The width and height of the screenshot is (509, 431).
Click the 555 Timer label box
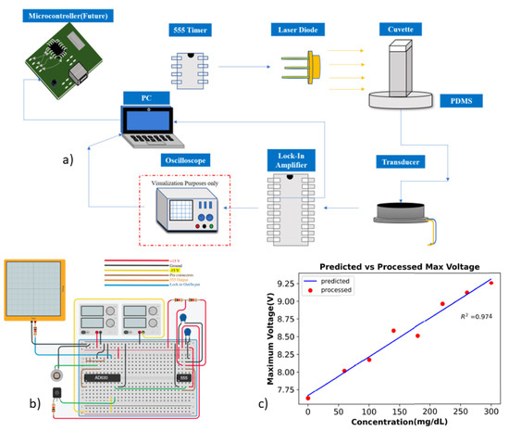(188, 32)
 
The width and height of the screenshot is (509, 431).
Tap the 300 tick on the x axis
(491, 412)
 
